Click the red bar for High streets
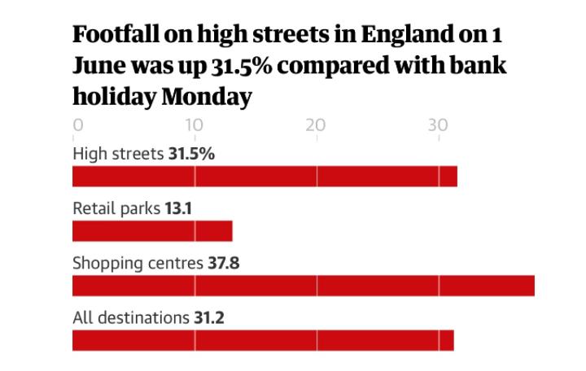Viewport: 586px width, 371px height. pyautogui.click(x=265, y=176)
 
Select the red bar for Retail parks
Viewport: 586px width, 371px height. pyautogui.click(x=152, y=231)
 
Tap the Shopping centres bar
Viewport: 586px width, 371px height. pyautogui.click(x=304, y=286)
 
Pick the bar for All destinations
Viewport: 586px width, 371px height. pyautogui.click(x=263, y=341)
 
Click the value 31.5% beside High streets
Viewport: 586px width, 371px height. pyautogui.click(x=191, y=153)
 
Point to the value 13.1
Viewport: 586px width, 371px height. pyautogui.click(x=178, y=208)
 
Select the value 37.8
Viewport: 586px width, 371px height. pyautogui.click(x=224, y=264)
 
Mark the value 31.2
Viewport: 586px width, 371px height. pyautogui.click(x=208, y=318)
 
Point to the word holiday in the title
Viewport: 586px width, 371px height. pyautogui.click(x=114, y=97)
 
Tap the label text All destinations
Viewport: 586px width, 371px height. pyautogui.click(x=130, y=318)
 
